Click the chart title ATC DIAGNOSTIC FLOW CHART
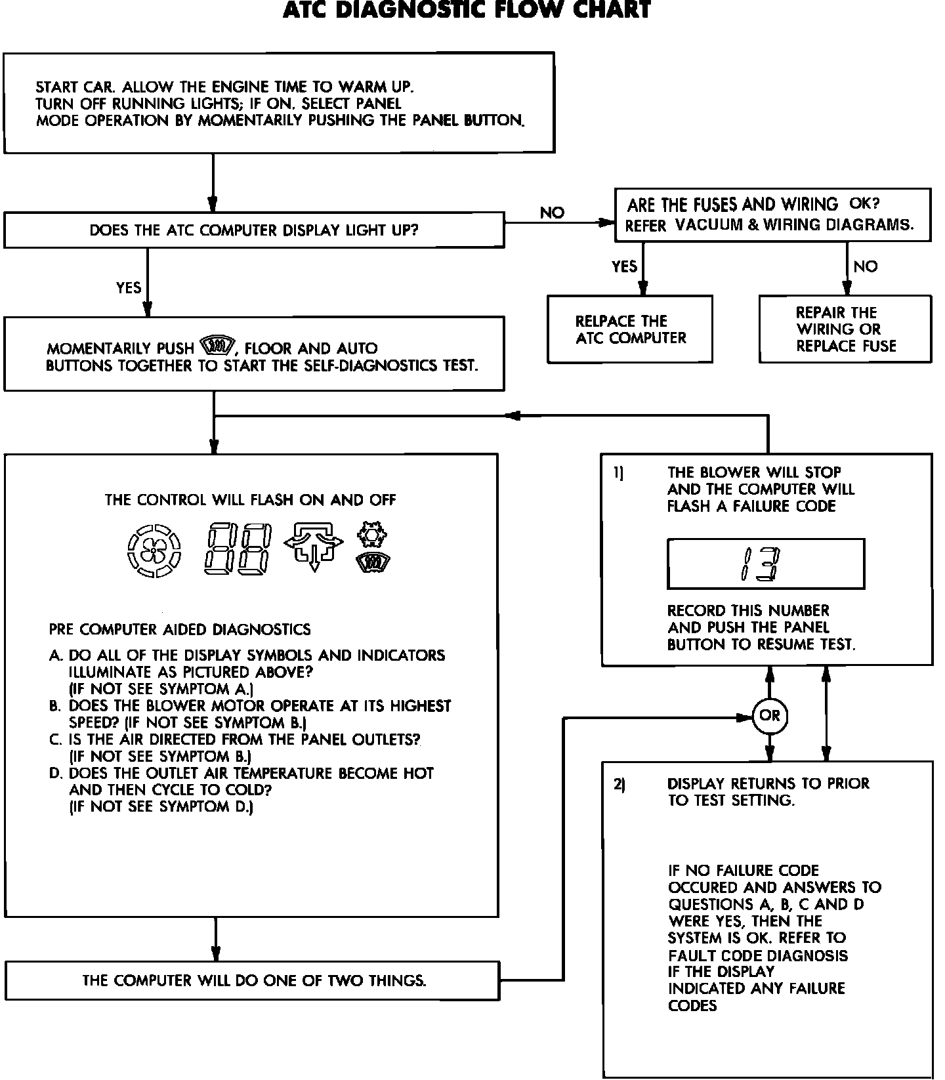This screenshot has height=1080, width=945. (467, 10)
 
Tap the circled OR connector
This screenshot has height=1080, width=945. (770, 715)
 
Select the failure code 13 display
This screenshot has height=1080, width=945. (765, 564)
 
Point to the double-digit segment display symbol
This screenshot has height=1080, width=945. (238, 550)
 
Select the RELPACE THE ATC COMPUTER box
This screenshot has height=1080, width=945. (630, 329)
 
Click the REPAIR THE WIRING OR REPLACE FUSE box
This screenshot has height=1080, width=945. (845, 329)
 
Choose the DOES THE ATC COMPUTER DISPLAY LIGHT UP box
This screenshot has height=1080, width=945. (254, 230)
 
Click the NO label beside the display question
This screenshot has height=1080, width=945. (552, 213)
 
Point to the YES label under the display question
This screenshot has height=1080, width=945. (129, 287)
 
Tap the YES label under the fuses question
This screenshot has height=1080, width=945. (624, 266)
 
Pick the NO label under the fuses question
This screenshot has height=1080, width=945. (866, 266)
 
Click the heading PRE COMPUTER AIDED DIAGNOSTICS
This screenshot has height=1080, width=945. (180, 630)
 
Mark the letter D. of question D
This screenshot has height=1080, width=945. (56, 774)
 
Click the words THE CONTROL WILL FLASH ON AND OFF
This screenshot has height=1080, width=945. (250, 500)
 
